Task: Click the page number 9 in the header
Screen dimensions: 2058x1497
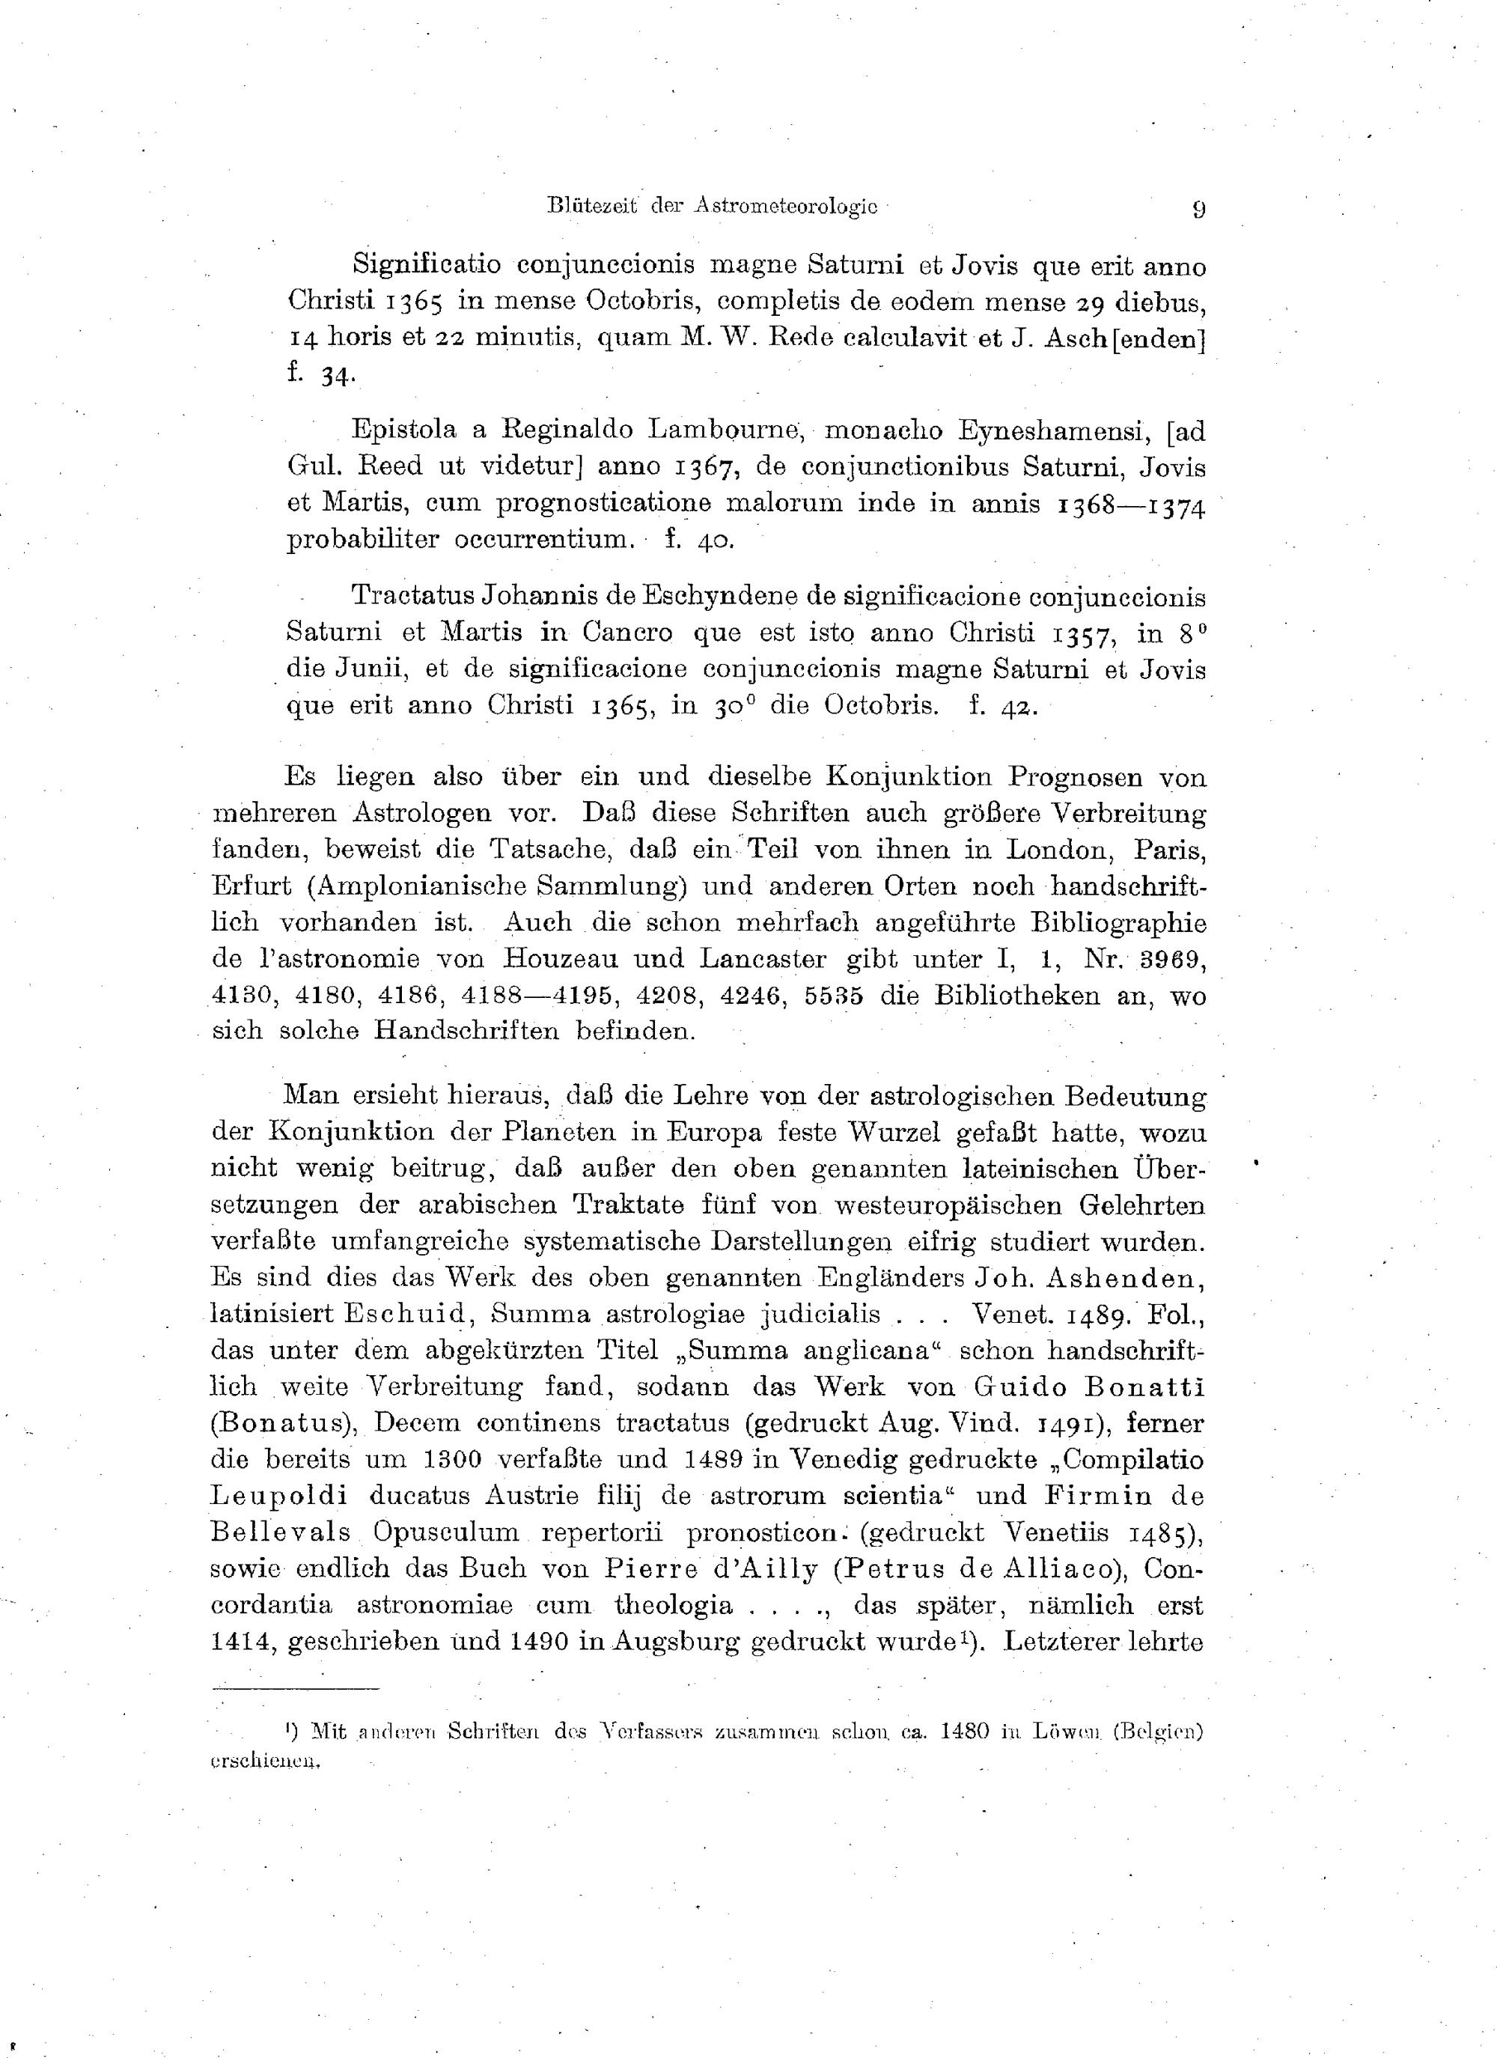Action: (1198, 210)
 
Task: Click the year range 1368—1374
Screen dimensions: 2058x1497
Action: (1132, 504)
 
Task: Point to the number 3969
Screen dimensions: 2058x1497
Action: (1171, 959)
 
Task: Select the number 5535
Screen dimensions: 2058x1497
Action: (835, 996)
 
